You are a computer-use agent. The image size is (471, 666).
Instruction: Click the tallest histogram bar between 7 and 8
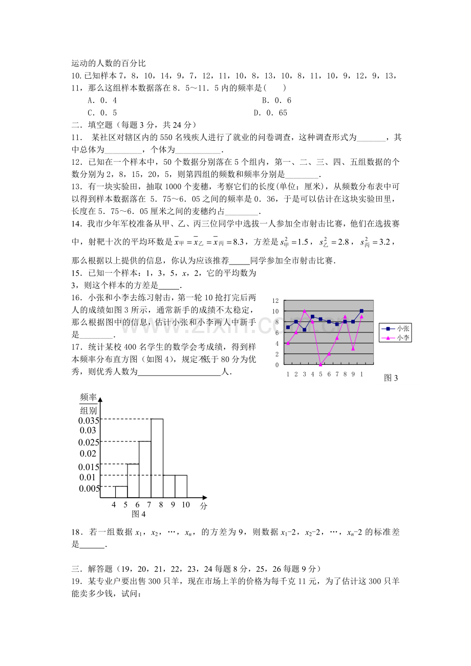pos(157,458)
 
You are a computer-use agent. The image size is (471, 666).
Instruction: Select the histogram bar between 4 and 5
pos(121,492)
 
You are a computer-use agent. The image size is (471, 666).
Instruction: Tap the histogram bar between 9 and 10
pos(181,486)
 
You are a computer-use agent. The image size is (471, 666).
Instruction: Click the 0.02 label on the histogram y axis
pos(88,454)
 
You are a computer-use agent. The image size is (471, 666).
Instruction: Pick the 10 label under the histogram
pos(185,505)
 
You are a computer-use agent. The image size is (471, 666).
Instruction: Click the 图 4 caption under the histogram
pos(139,514)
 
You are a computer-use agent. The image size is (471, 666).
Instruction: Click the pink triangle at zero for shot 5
pos(320,364)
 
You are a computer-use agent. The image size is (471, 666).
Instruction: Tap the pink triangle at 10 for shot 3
pos(304,311)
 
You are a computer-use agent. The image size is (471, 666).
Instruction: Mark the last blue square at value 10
pos(361,311)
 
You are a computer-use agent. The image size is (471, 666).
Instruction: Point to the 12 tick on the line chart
pos(275,301)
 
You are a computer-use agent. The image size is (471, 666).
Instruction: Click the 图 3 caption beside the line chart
pos(391,378)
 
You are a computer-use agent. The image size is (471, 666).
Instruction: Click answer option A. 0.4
pos(102,101)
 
